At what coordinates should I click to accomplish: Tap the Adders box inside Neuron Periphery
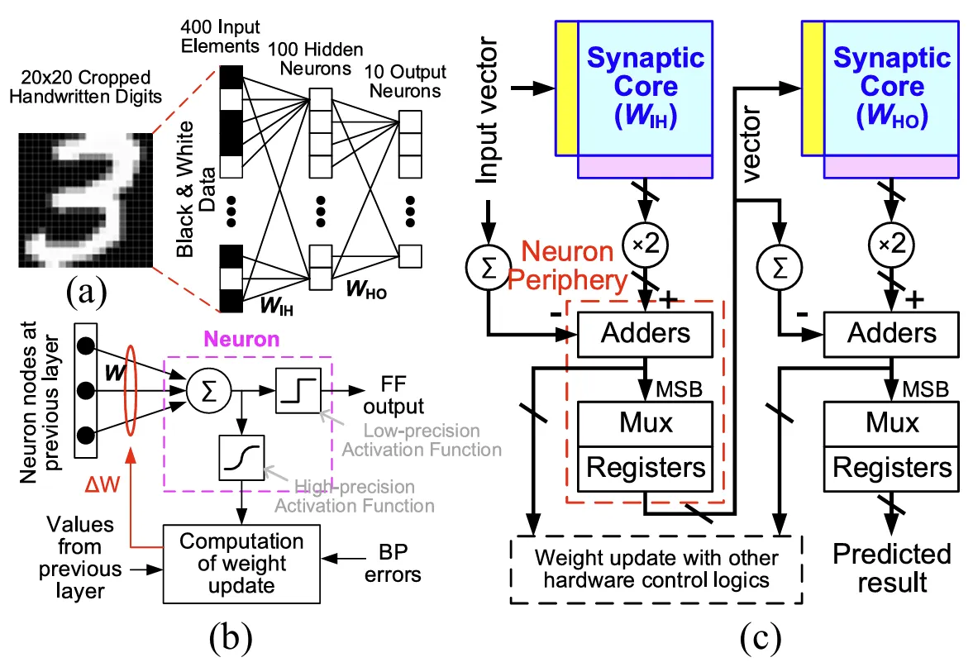(x=645, y=332)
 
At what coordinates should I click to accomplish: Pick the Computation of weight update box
(x=241, y=563)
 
